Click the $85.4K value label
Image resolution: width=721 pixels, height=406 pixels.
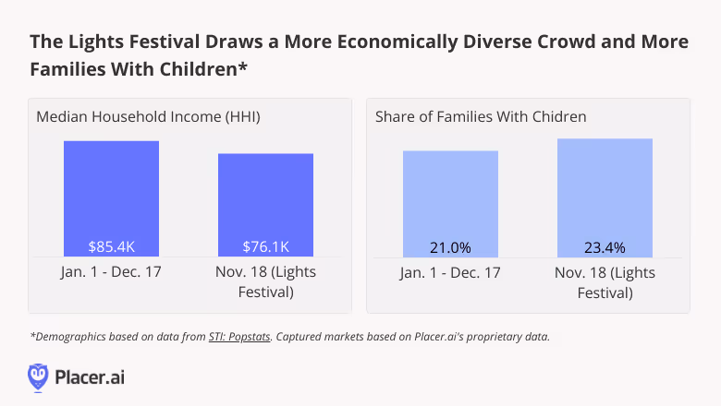[x=111, y=246]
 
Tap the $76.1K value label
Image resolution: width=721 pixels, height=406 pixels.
[x=265, y=246]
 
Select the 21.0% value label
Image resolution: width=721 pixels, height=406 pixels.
[x=450, y=246]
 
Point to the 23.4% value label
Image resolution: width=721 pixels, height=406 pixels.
[x=605, y=246]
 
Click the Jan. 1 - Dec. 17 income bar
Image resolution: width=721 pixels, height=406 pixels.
[x=111, y=194]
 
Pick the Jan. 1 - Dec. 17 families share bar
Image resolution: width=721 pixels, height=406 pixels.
[x=450, y=198]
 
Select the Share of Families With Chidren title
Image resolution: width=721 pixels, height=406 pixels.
[x=481, y=117]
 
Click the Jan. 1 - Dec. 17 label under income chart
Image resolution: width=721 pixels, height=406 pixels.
[x=111, y=273]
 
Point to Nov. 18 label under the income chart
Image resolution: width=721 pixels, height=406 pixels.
[x=265, y=282]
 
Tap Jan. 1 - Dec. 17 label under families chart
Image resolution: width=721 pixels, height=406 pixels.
[x=450, y=273]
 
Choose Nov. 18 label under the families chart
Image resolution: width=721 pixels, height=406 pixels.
[x=605, y=282]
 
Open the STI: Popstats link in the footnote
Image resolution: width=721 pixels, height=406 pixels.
[x=238, y=337]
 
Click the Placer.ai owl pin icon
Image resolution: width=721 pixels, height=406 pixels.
[x=38, y=376]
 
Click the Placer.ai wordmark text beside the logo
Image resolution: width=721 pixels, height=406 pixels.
[x=90, y=377]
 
